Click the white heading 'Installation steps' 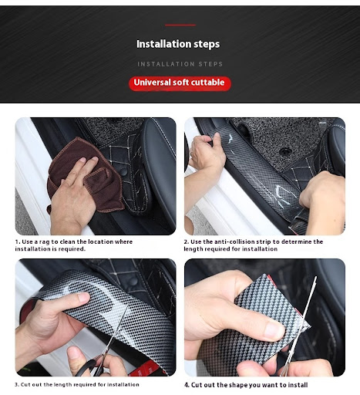178,44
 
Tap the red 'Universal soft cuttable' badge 180,83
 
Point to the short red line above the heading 180,25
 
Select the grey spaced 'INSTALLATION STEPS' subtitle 180,64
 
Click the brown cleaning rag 85,175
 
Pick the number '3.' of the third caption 17,385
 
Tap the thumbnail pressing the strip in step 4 274,330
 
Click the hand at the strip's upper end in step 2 206,152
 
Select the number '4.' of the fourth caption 187,385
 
